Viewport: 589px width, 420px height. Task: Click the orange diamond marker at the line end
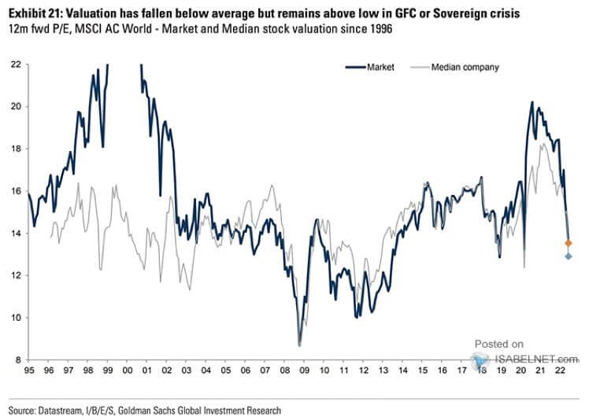569,243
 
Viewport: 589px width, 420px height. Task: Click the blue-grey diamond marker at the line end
569,256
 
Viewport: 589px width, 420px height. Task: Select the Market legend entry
380,67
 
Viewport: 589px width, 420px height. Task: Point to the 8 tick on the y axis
17,359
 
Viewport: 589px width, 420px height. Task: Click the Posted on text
498,344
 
